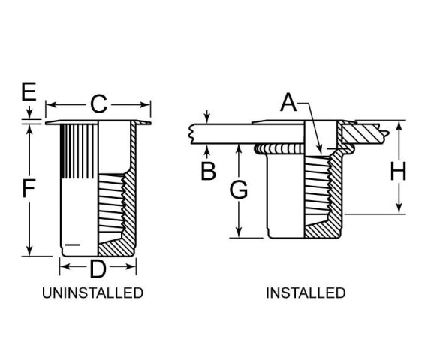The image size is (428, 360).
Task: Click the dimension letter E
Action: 29,91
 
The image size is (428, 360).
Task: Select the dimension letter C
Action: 98,104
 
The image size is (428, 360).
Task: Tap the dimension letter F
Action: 29,188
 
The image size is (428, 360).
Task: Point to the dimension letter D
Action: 98,268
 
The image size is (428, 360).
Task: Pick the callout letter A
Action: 288,102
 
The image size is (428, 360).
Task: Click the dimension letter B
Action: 208,171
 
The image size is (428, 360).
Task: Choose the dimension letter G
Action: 239,190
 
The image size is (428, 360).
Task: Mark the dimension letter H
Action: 399,171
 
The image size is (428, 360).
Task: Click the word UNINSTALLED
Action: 93,292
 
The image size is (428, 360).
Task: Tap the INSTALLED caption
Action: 306,292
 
